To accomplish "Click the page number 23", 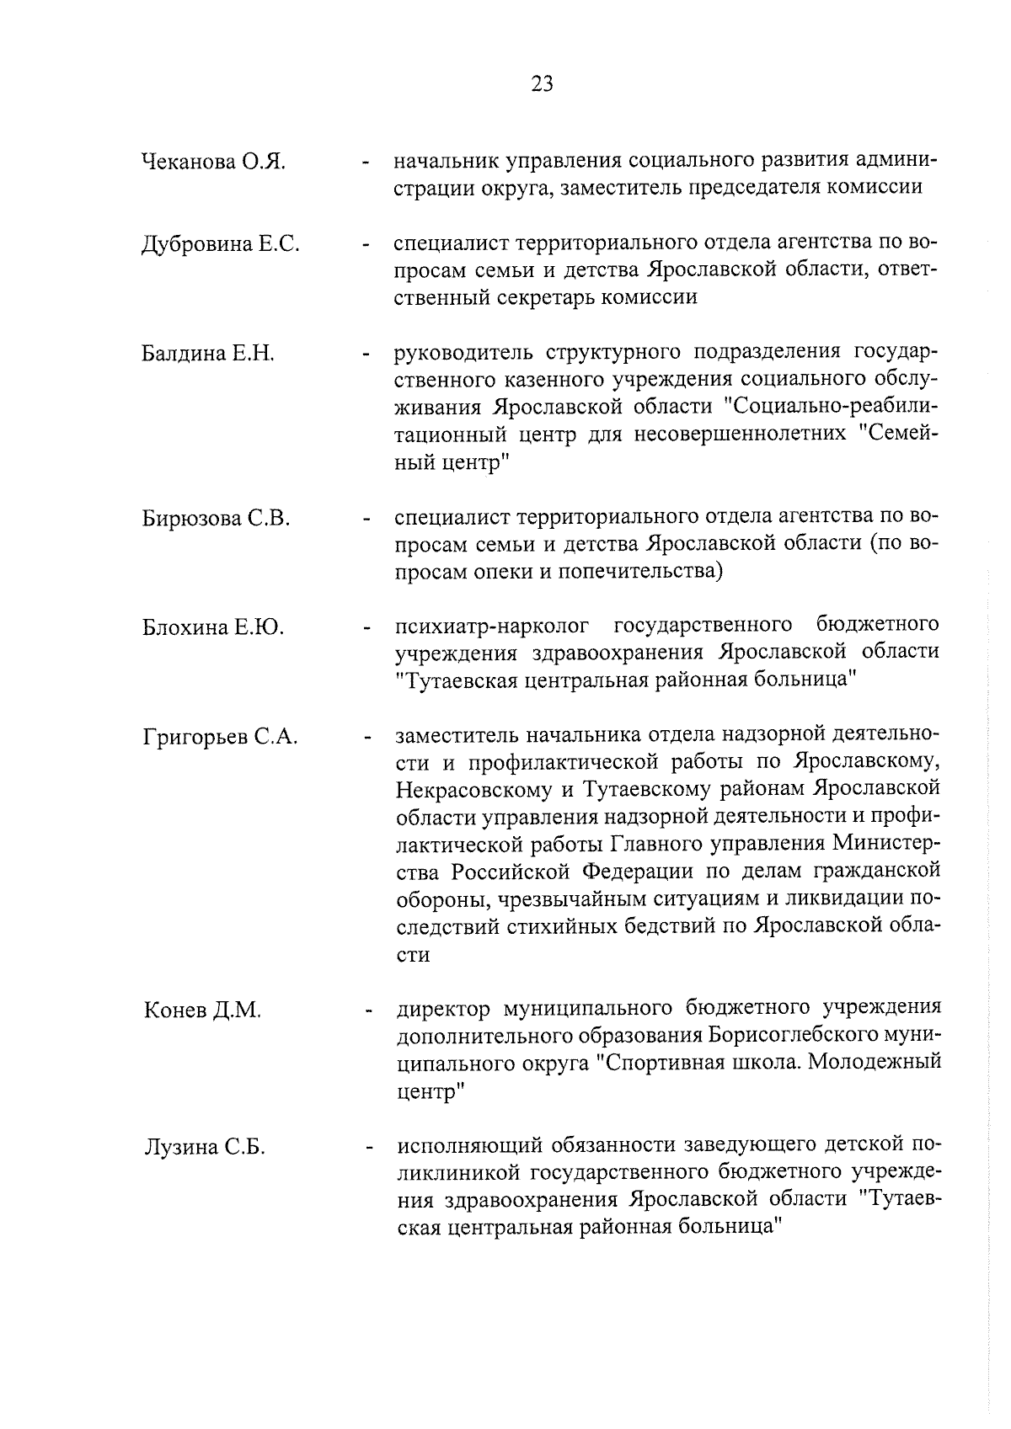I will point(542,83).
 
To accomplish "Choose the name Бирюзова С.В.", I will point(216,519).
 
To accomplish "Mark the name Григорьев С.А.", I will point(220,738).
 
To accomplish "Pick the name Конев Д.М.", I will point(202,1010).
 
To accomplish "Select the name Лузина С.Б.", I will point(204,1147).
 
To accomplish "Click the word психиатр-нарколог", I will point(496,626).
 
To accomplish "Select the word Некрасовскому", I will point(468,790).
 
